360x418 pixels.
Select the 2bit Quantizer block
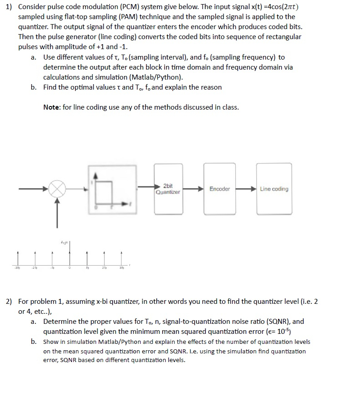pyautogui.click(x=168, y=189)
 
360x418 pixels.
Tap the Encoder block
pyautogui.click(x=219, y=189)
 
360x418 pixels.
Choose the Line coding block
pyautogui.click(x=274, y=189)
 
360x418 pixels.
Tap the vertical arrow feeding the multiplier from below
pyautogui.click(x=57, y=214)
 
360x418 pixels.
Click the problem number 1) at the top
pyautogui.click(x=9, y=7)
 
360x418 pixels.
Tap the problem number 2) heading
pyautogui.click(x=9, y=302)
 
